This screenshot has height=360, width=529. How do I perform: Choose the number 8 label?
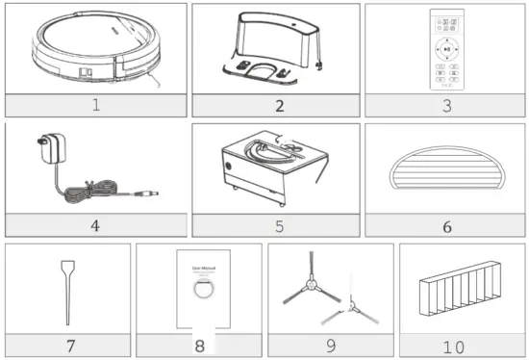200,344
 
